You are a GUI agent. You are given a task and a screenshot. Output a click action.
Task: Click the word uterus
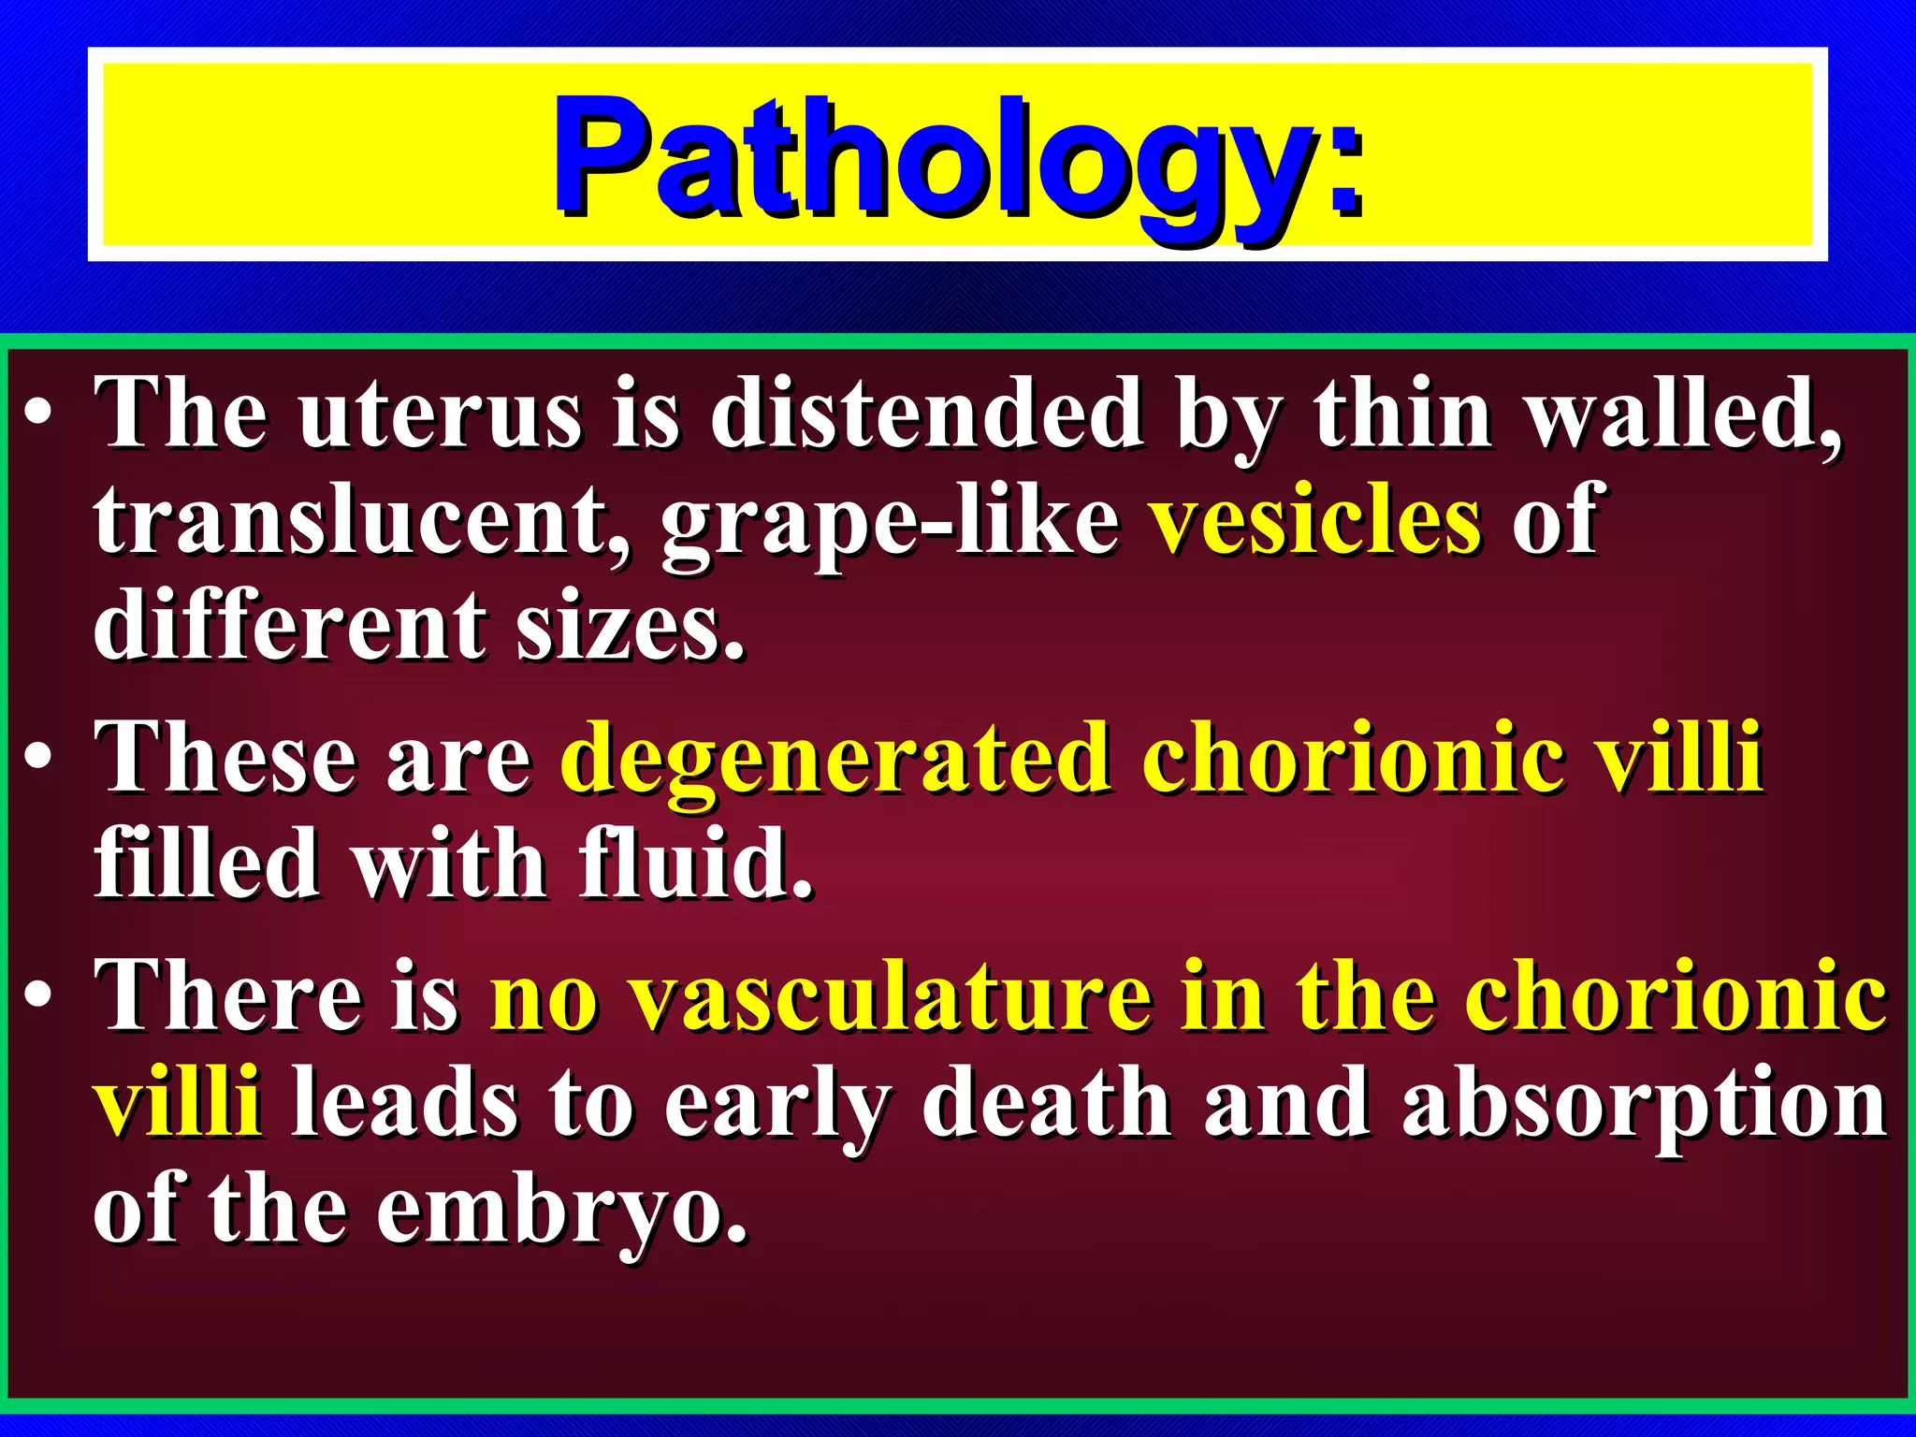441,414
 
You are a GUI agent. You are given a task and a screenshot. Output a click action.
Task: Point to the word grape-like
890,522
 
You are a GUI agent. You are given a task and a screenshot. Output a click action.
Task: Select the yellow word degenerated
836,760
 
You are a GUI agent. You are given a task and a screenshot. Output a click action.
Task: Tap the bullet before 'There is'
39,997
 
